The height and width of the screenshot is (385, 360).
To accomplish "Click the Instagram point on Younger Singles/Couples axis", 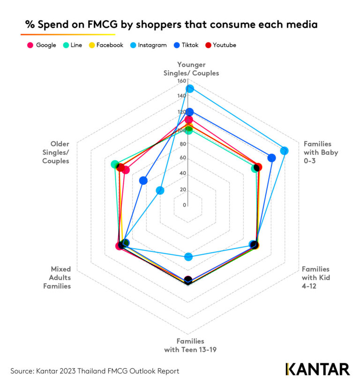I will (x=189, y=89).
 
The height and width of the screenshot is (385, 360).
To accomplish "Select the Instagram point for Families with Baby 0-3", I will (x=284, y=151).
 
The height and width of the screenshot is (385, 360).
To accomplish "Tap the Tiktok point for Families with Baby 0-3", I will (x=271, y=158).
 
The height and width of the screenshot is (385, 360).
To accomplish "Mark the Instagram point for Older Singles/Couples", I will (x=160, y=190).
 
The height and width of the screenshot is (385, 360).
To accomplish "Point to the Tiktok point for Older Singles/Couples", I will (x=143, y=180).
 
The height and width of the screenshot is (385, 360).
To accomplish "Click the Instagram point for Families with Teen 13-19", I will (x=188, y=257).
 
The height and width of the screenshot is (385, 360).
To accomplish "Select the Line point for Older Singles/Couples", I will (x=114, y=164).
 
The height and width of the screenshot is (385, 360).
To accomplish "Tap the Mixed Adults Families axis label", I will (x=60, y=278).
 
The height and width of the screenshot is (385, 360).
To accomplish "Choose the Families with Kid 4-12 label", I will (x=315, y=278).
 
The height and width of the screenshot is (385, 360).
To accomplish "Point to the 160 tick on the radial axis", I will (x=181, y=81).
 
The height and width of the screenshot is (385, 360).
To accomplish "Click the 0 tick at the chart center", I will (x=185, y=205).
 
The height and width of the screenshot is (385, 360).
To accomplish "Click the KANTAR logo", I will (x=317, y=369).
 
